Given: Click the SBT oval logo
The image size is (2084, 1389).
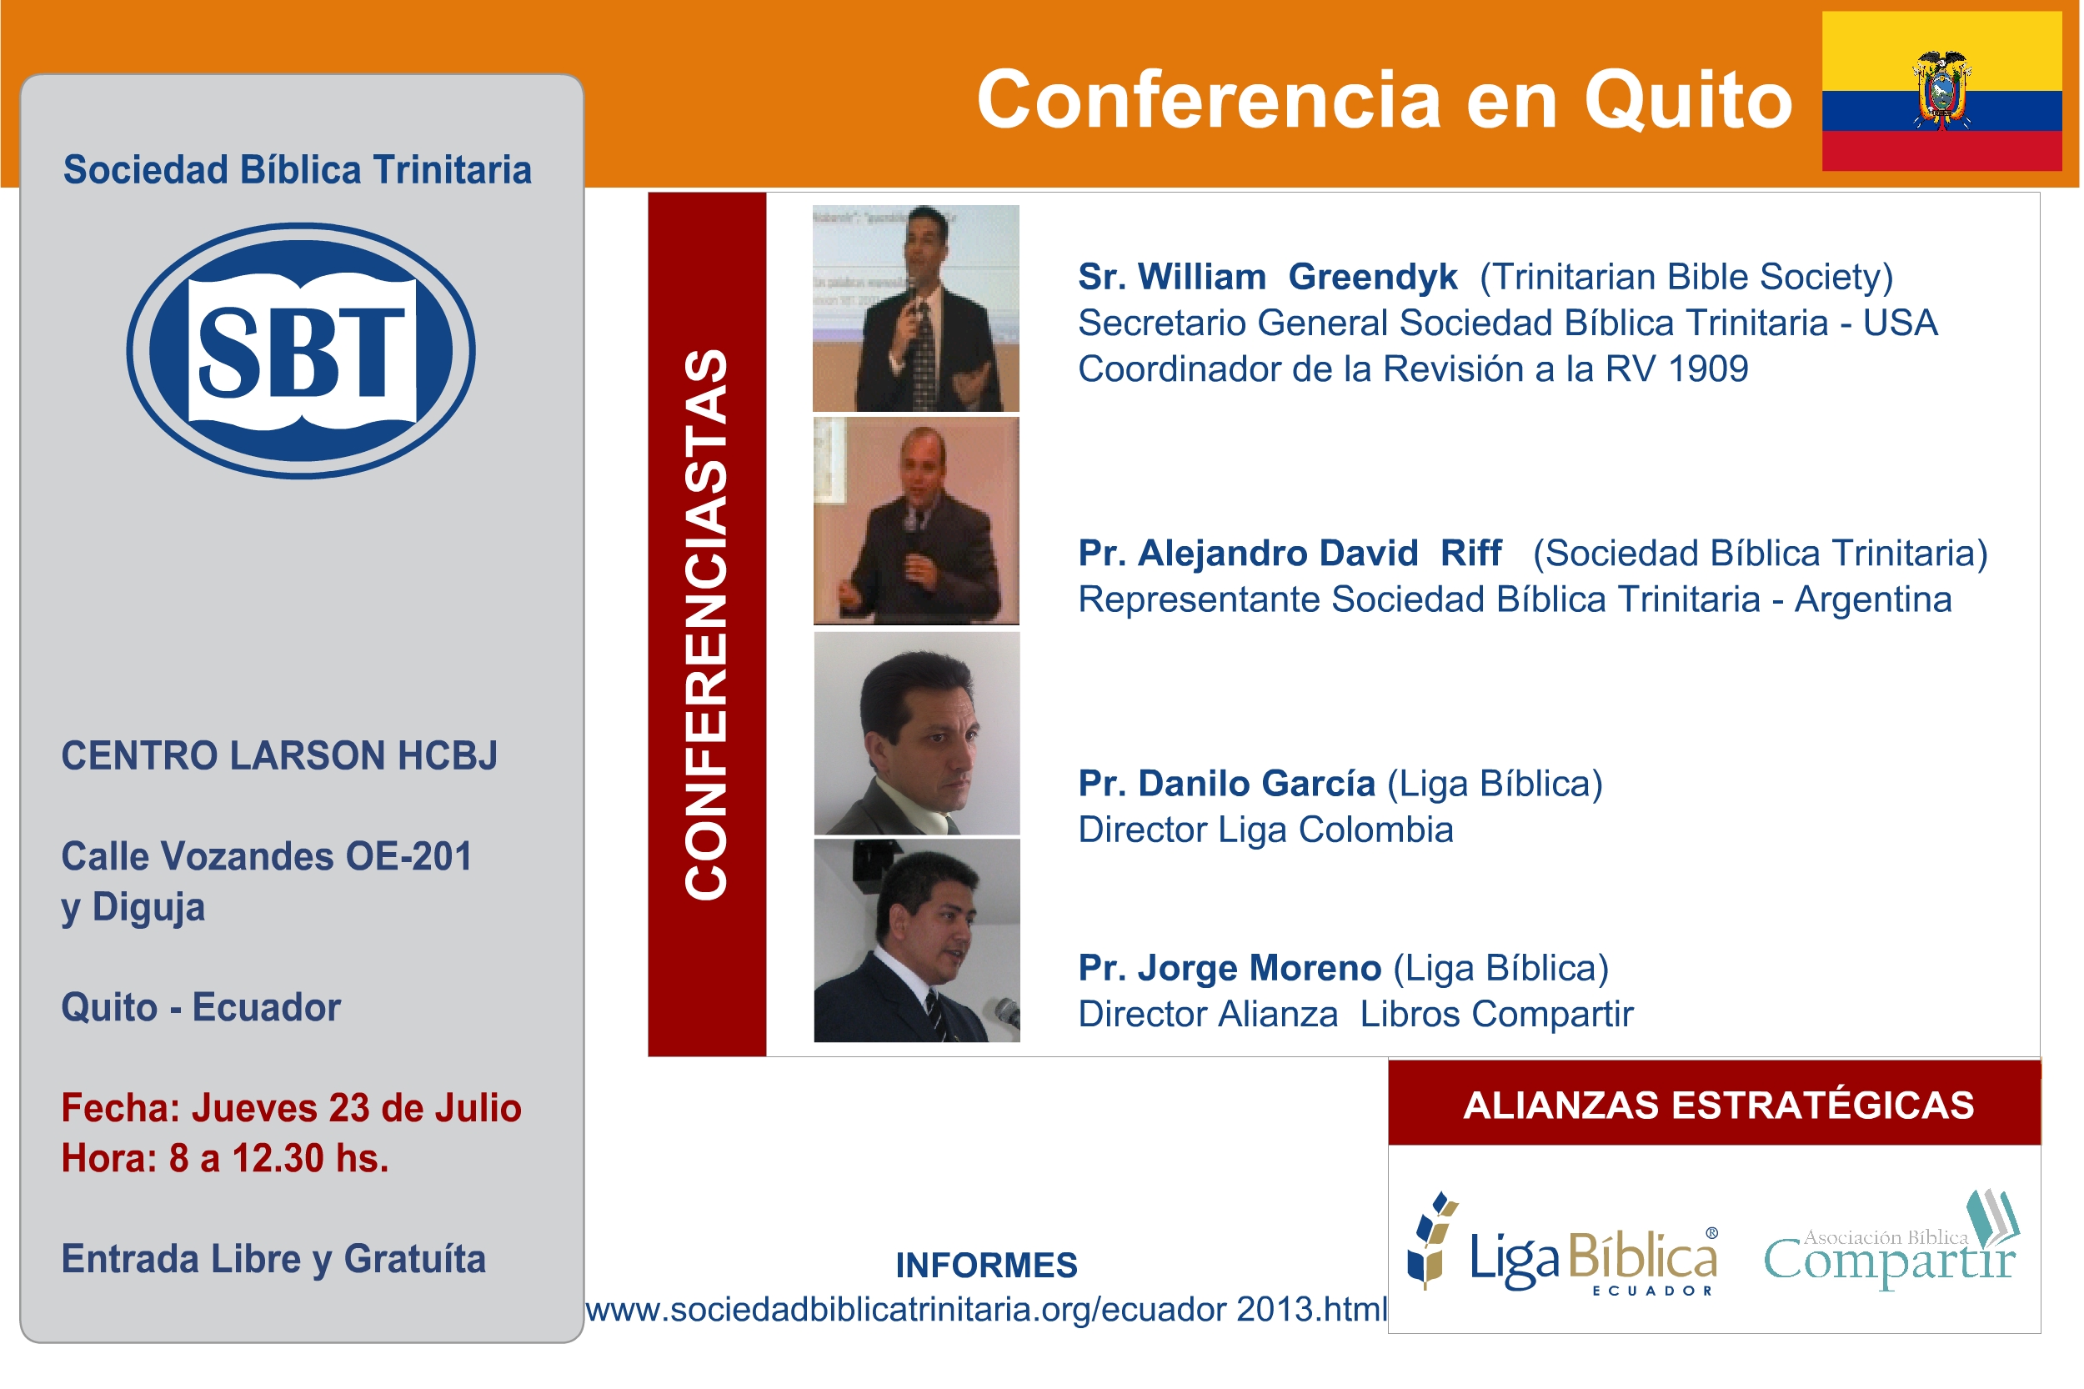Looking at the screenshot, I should tap(300, 350).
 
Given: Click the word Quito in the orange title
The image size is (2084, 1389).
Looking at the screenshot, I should tap(1686, 99).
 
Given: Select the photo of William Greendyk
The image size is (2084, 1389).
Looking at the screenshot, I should tap(915, 308).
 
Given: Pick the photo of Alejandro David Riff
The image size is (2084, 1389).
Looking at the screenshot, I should tap(915, 521).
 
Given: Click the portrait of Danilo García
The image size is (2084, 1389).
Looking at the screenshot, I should tap(916, 733).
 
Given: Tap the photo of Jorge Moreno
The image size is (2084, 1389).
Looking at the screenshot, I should tap(916, 940).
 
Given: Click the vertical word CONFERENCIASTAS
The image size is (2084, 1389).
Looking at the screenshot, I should tap(706, 624).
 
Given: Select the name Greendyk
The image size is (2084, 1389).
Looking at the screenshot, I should tap(1371, 277).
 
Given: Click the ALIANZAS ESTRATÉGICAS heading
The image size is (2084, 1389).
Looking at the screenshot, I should tap(1717, 1105).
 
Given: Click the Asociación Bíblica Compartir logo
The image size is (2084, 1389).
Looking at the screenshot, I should tap(1890, 1242).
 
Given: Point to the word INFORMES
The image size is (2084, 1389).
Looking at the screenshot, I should tap(986, 1265).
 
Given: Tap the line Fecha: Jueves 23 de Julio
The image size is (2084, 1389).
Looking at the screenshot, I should tap(290, 1107).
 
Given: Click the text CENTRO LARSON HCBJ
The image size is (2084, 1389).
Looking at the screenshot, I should tap(279, 755).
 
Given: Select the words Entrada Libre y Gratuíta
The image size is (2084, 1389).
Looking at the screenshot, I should tap(273, 1259).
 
